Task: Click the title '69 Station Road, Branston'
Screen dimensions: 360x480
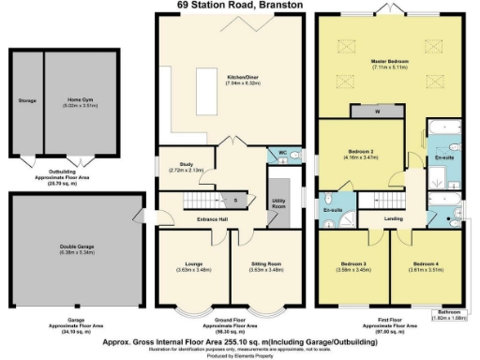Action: [x=240, y=5]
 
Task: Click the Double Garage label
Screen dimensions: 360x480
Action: [x=77, y=248]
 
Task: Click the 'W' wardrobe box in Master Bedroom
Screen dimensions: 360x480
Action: [x=376, y=111]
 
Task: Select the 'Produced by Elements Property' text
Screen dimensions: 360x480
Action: [x=239, y=354]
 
